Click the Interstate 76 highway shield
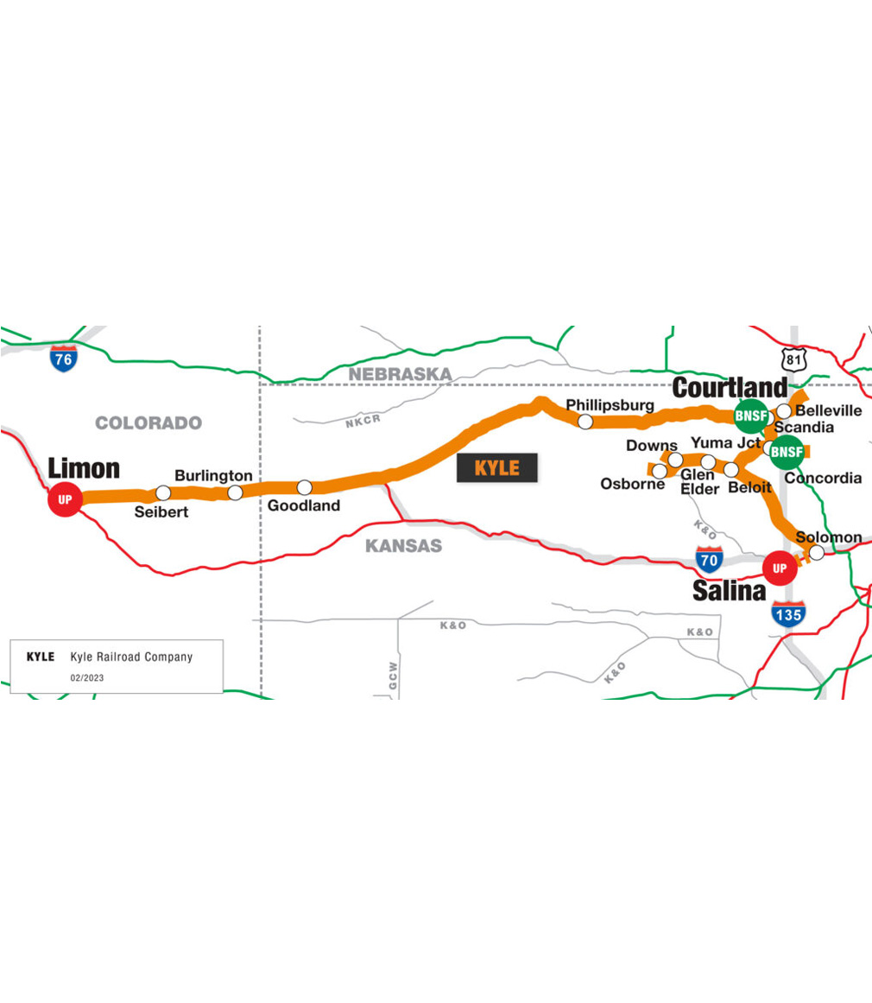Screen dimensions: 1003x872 62,358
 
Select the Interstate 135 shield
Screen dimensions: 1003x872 789,613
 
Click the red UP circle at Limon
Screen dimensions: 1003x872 64,499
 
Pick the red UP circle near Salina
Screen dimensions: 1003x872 780,568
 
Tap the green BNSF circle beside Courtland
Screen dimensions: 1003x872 749,416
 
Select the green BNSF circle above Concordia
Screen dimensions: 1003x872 787,450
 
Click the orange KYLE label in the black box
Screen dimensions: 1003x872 497,467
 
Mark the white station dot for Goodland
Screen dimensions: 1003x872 304,487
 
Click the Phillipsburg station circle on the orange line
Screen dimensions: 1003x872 585,422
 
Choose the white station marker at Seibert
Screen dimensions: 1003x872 163,493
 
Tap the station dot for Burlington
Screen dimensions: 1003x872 235,492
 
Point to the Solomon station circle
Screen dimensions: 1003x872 816,552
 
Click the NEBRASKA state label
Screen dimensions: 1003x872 400,374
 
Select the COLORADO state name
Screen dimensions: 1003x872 148,423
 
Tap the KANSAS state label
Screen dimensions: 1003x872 403,546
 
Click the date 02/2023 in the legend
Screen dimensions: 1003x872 87,678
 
